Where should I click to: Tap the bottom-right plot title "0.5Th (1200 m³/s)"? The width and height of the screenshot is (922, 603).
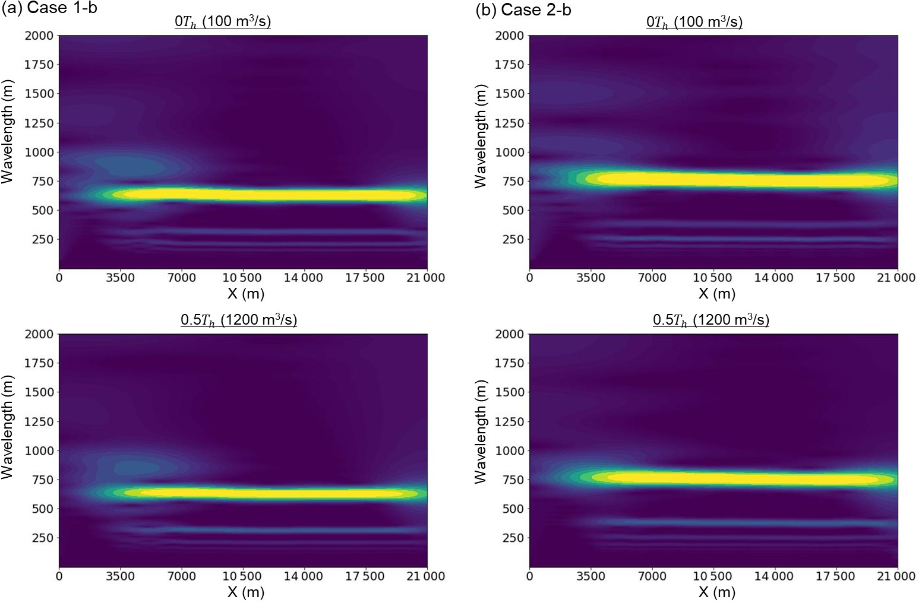(x=711, y=320)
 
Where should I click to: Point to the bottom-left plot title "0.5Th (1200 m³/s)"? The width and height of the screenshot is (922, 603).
(x=239, y=320)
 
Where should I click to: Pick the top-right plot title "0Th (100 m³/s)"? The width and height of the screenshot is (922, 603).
(x=694, y=23)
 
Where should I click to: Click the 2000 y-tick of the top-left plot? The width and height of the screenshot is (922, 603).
(x=39, y=36)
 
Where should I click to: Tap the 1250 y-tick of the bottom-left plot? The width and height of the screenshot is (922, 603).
(x=39, y=421)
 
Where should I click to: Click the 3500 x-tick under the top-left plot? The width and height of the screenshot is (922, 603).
(x=121, y=278)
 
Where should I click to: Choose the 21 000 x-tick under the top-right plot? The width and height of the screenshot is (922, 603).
(x=897, y=278)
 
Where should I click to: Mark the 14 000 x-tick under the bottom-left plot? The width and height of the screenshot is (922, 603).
(x=304, y=576)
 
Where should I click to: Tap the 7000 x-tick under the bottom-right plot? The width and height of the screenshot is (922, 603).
(x=652, y=576)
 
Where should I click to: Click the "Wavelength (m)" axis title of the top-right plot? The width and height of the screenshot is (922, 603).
(x=481, y=136)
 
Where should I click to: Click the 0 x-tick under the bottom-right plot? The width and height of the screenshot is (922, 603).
(x=530, y=576)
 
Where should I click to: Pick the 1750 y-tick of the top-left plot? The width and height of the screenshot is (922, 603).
(x=39, y=65)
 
